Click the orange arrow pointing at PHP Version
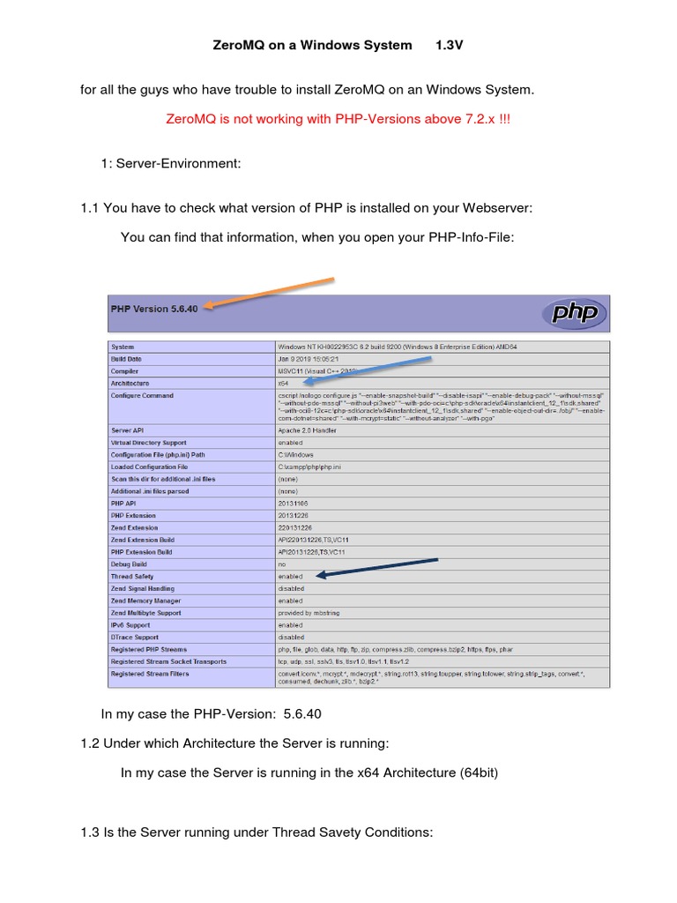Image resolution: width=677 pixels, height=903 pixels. (x=268, y=294)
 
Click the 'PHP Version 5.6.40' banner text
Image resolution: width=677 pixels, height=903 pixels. (x=154, y=310)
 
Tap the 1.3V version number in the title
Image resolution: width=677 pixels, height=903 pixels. (x=449, y=44)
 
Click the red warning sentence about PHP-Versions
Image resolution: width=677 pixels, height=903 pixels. (x=338, y=119)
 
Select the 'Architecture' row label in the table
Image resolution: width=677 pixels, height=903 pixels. (x=130, y=384)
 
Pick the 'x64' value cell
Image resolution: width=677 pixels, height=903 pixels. (x=284, y=384)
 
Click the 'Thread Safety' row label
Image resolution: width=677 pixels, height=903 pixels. (x=132, y=576)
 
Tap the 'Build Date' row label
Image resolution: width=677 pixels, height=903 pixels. (x=126, y=359)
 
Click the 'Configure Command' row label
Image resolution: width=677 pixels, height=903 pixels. (x=142, y=396)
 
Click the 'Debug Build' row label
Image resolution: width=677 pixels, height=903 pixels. (x=130, y=563)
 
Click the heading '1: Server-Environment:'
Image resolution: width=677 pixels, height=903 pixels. (x=171, y=163)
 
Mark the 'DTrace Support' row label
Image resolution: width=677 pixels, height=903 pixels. (x=136, y=637)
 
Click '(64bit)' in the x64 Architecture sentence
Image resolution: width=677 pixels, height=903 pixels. (x=479, y=772)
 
